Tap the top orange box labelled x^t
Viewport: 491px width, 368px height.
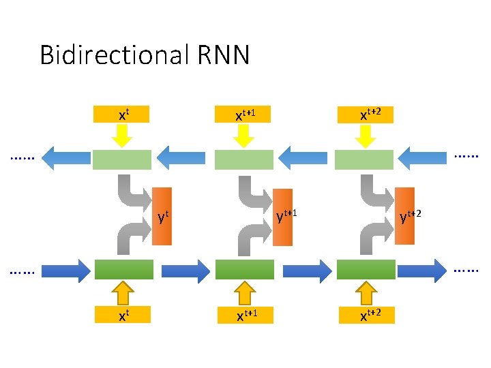tap(121, 114)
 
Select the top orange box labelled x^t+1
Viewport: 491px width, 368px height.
tap(243, 114)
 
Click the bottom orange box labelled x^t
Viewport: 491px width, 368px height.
tap(121, 314)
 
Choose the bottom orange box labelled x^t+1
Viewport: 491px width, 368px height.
tap(244, 314)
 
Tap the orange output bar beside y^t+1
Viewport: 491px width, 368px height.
tap(282, 217)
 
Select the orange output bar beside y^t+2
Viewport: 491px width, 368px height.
tap(404, 215)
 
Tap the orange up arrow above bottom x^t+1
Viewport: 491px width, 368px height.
tap(244, 292)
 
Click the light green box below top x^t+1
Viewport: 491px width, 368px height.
tap(243, 159)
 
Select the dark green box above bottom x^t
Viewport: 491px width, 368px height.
tap(122, 270)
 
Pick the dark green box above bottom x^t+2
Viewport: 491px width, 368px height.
tap(366, 270)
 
